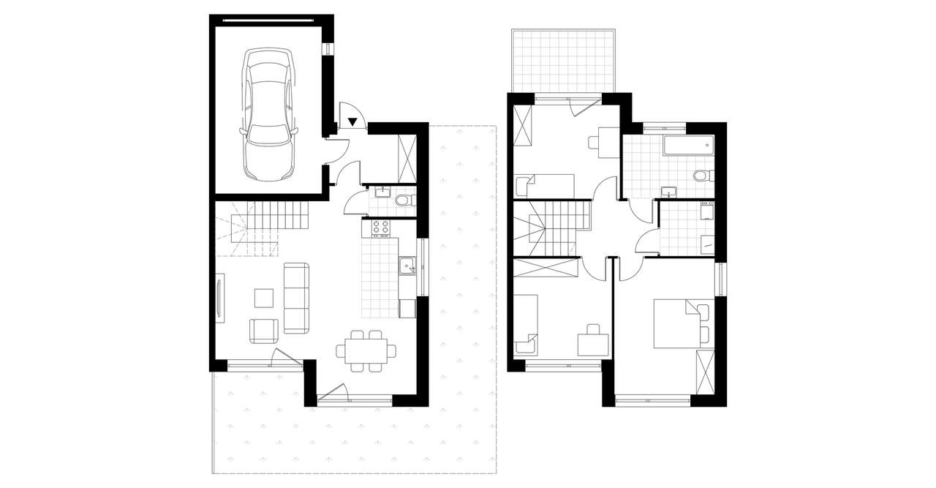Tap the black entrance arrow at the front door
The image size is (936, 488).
pos(352,122)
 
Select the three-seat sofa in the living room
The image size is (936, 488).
pos(296,298)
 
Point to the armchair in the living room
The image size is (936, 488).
pos(264,330)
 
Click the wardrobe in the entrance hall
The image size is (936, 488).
pos(407,158)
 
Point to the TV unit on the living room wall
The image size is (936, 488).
pos(220,297)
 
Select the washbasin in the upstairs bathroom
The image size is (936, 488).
pos(669,192)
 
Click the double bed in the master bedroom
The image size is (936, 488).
pos(676,323)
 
